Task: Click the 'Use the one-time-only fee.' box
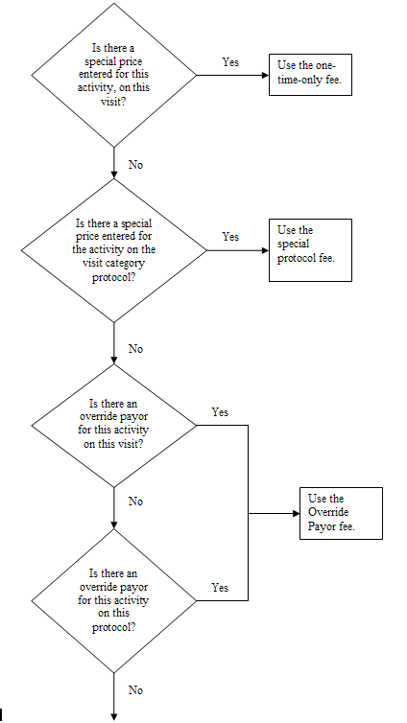[x=310, y=75]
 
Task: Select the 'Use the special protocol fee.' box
[x=310, y=250]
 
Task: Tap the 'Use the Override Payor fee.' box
[x=341, y=513]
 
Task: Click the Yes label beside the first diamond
[x=230, y=61]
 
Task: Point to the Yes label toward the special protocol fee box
[x=230, y=237]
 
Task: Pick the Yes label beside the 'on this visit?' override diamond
[x=220, y=411]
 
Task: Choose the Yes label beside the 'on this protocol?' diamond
[x=220, y=588]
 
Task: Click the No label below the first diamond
[x=135, y=165]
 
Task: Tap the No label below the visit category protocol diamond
[x=135, y=349]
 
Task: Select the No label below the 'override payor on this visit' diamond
[x=135, y=501]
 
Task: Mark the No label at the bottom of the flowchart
[x=135, y=690]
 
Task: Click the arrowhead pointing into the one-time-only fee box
[x=266, y=75]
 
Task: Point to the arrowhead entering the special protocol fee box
[x=266, y=250]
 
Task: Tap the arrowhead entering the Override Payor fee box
[x=297, y=513]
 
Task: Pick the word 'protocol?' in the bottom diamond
[x=113, y=627]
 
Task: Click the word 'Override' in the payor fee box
[x=328, y=512]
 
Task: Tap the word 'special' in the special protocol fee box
[x=294, y=244]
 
